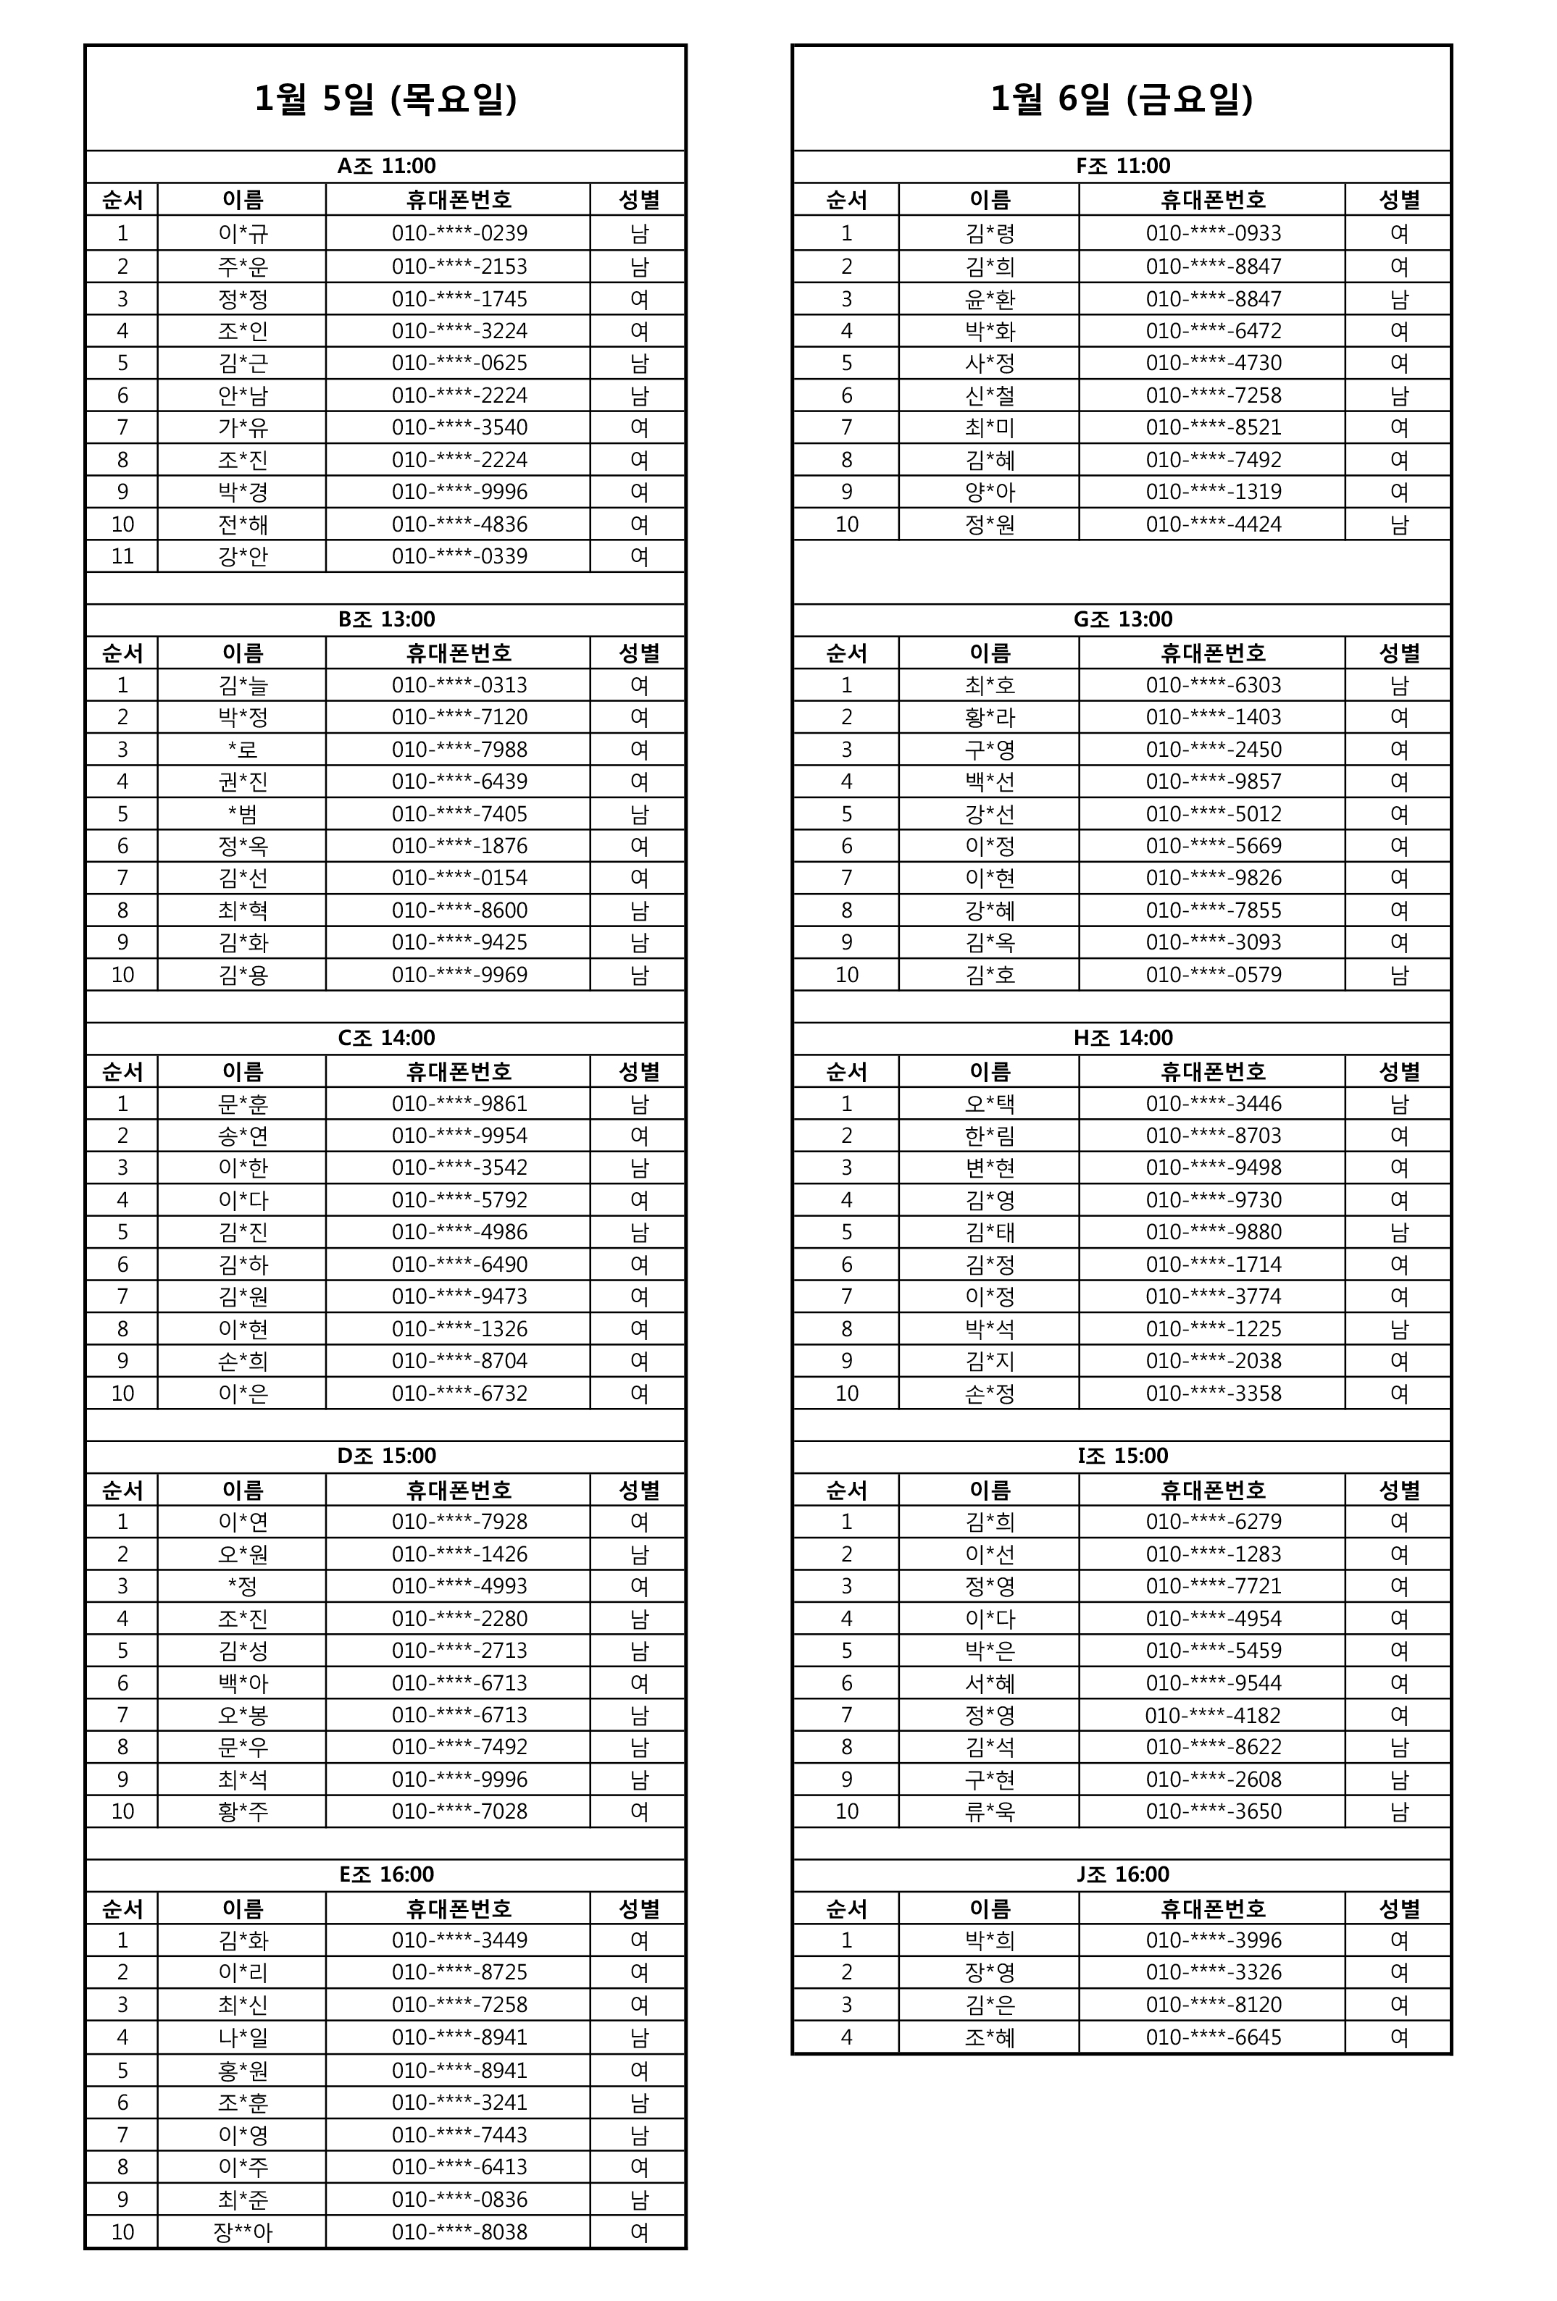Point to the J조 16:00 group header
(1121, 1874)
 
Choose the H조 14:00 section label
(1121, 1038)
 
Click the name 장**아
(243, 2231)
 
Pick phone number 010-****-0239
(459, 234)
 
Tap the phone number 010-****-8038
(459, 2231)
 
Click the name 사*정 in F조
(988, 362)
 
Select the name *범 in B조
(243, 814)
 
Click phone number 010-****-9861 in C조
(459, 1103)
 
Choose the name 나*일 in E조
(243, 2037)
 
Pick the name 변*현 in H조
(988, 1168)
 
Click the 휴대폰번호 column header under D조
(459, 1490)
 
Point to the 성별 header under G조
(1398, 653)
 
